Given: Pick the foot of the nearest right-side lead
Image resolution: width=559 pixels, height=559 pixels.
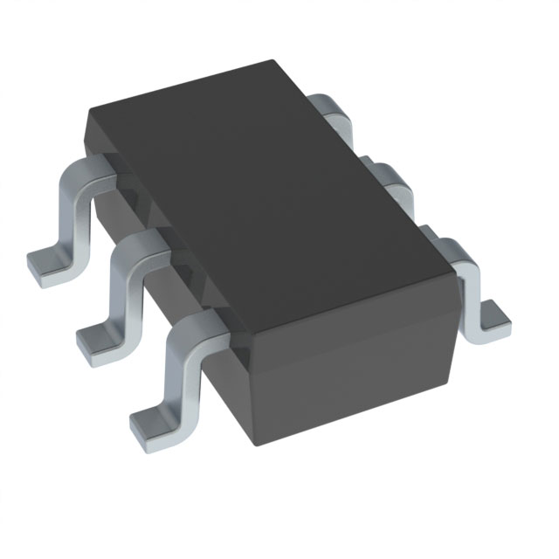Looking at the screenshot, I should coord(494,320).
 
